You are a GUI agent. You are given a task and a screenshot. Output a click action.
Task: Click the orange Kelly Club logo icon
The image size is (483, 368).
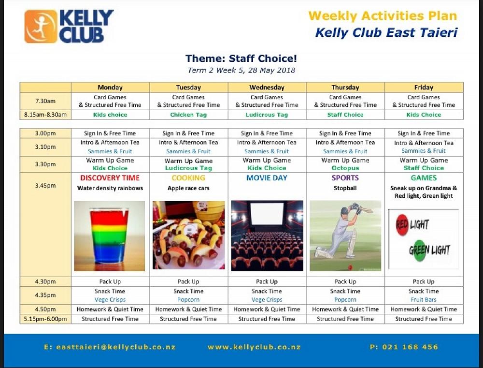[x=41, y=27]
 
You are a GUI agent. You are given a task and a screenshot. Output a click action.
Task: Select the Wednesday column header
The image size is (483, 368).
[x=267, y=88]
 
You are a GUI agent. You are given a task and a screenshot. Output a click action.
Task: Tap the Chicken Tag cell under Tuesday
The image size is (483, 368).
[x=188, y=115]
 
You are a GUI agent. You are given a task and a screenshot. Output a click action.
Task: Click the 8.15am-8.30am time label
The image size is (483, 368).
[x=45, y=115]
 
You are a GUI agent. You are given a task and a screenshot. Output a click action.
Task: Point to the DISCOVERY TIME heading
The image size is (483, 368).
[x=110, y=178]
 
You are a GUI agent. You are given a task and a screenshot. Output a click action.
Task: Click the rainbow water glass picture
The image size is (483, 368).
[x=109, y=236]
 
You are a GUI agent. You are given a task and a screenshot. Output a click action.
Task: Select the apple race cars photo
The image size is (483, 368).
[x=188, y=235]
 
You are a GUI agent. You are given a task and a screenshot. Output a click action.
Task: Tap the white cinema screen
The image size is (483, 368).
[x=267, y=213]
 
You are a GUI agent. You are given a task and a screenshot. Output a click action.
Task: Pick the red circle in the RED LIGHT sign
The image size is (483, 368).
[x=402, y=225]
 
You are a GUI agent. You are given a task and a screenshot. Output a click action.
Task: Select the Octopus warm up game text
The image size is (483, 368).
[x=345, y=168]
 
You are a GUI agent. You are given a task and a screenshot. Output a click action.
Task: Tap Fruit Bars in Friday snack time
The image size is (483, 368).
[x=424, y=299]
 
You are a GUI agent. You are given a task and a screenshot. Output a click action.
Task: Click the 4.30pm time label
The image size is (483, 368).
[x=45, y=281]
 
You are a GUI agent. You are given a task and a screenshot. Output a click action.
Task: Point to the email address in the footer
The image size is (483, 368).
[x=110, y=347]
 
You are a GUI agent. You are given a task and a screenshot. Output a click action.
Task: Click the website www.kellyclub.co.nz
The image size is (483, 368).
[x=254, y=347]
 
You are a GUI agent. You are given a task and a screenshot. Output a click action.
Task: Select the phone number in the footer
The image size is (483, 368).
[x=404, y=347]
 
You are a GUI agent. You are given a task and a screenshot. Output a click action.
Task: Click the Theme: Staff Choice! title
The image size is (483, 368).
[x=241, y=59]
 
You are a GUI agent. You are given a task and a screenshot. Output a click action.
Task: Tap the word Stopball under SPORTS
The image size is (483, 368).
[x=345, y=188]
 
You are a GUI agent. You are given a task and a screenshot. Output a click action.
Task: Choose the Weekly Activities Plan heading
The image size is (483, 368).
[x=383, y=16]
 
